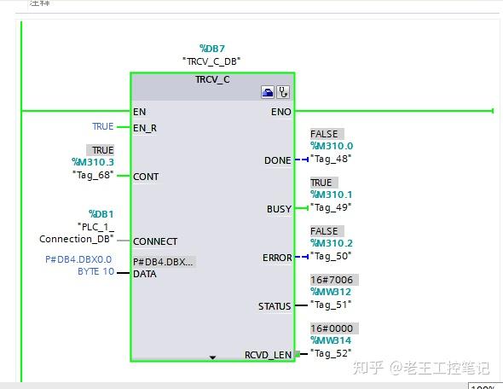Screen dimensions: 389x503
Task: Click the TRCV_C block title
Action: click(212, 79)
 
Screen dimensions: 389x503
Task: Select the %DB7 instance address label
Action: click(211, 49)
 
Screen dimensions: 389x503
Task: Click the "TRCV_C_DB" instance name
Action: click(211, 61)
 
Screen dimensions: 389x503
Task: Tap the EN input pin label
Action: click(139, 111)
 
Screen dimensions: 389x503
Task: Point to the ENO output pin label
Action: click(280, 111)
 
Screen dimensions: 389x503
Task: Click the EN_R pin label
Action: click(145, 128)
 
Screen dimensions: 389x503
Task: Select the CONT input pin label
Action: click(146, 177)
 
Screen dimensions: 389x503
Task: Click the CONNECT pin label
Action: click(155, 241)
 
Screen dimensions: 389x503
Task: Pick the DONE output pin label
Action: click(278, 160)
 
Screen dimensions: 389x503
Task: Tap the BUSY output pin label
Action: click(279, 209)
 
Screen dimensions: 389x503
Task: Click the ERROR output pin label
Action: click(277, 258)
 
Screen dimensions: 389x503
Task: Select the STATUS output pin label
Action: click(275, 306)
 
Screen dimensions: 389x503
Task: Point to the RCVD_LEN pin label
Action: click(268, 354)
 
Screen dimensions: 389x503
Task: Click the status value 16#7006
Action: click(332, 280)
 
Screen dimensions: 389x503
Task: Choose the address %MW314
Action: click(332, 340)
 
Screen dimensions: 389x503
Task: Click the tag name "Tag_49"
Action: click(331, 207)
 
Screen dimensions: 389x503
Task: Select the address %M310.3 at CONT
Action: click(92, 162)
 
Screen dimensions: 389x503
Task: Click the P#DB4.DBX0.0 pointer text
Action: click(78, 259)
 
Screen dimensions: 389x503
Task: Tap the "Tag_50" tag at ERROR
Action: click(331, 256)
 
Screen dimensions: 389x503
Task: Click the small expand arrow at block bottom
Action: click(212, 357)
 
